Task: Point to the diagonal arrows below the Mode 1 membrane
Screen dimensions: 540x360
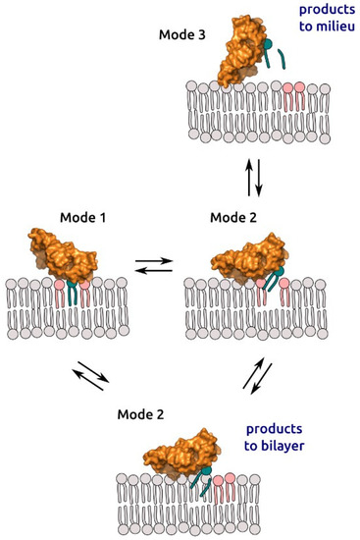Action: [88, 377]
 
